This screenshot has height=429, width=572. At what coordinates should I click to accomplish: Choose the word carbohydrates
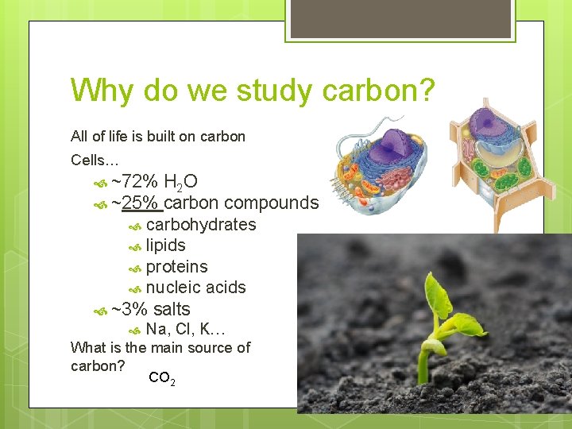click(x=201, y=225)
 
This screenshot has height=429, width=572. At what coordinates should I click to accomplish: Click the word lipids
click(x=165, y=245)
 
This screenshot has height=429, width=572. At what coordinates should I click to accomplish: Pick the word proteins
click(x=176, y=267)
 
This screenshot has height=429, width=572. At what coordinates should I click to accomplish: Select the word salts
click(x=171, y=309)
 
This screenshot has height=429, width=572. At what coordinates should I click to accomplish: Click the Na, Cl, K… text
click(x=186, y=329)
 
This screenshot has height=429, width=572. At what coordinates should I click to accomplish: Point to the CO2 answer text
click(x=161, y=379)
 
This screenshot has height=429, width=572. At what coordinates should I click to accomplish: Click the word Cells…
click(x=94, y=160)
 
